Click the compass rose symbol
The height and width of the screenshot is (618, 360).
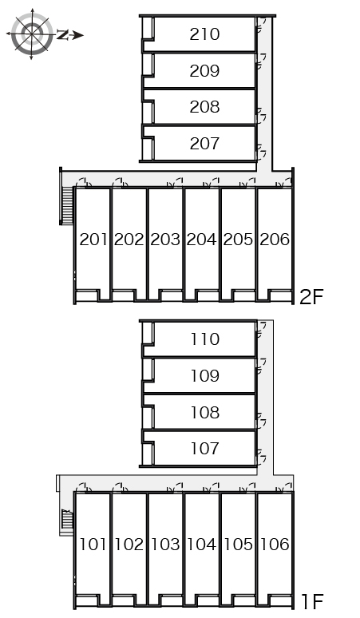(x=32, y=34)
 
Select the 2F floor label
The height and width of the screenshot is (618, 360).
(x=311, y=297)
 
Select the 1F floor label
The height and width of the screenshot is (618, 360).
(x=312, y=601)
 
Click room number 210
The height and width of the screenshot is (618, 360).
(x=204, y=34)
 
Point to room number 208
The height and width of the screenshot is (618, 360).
(x=204, y=107)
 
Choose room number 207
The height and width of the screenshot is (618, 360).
(x=204, y=143)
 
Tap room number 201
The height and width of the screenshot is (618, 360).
(x=93, y=240)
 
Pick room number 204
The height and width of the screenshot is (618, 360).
(x=201, y=240)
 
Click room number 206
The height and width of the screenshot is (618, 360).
(x=275, y=240)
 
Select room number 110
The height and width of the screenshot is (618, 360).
(x=205, y=339)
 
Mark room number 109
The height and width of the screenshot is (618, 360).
(x=205, y=375)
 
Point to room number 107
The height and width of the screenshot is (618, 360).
(x=205, y=448)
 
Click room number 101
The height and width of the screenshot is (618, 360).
(x=93, y=545)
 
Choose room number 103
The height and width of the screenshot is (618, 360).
(x=165, y=545)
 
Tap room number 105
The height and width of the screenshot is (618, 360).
(x=238, y=545)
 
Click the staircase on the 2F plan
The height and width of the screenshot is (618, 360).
(x=67, y=205)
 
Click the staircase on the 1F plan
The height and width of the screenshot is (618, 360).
(x=67, y=520)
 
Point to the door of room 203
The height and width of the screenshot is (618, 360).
(x=175, y=183)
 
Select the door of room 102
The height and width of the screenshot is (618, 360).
(x=120, y=488)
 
